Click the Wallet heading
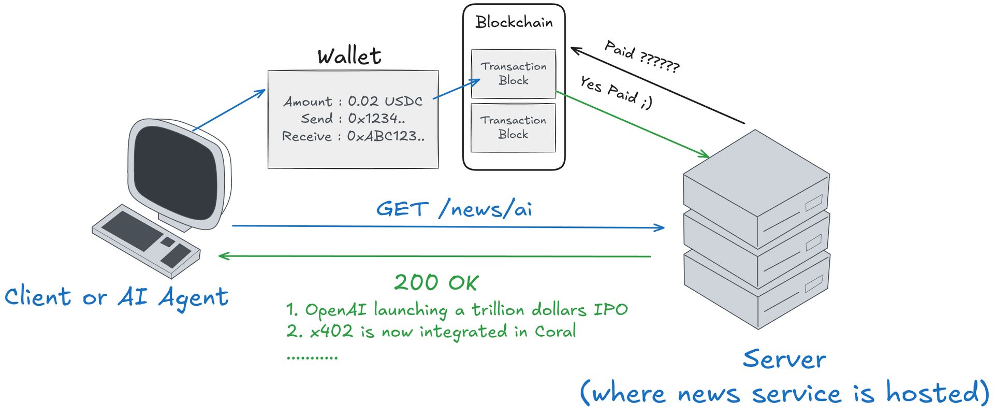pyautogui.click(x=349, y=56)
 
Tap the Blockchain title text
pyautogui.click(x=514, y=22)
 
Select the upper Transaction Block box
pyautogui.click(x=514, y=74)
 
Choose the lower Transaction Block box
pyautogui.click(x=513, y=127)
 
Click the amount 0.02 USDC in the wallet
pyautogui.click(x=385, y=101)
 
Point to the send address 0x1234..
pyautogui.click(x=376, y=119)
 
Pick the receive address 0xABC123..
pyautogui.click(x=385, y=136)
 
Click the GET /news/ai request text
pyautogui.click(x=454, y=209)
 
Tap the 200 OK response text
pyautogui.click(x=436, y=283)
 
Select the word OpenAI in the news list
pyautogui.click(x=335, y=310)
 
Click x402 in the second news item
pyautogui.click(x=331, y=332)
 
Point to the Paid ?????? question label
pyautogui.click(x=642, y=56)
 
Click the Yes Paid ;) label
pyautogui.click(x=616, y=92)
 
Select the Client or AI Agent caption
pyautogui.click(x=116, y=297)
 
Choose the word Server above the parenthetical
pyautogui.click(x=784, y=360)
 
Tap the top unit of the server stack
pyautogui.click(x=756, y=187)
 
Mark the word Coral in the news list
pyautogui.click(x=555, y=332)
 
